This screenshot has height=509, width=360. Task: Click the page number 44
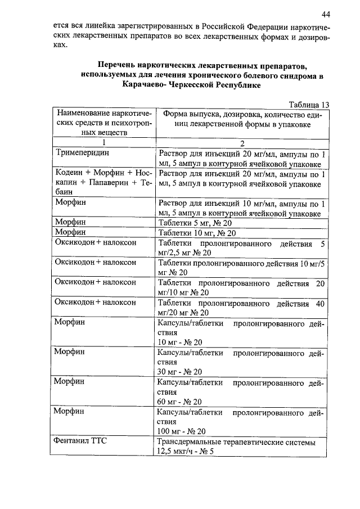click(x=326, y=13)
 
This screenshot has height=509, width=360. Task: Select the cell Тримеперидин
click(x=82, y=153)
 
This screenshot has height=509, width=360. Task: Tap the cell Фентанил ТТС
click(x=81, y=442)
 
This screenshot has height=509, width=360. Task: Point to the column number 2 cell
click(x=242, y=142)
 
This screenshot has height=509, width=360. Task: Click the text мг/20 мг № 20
click(x=184, y=313)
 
